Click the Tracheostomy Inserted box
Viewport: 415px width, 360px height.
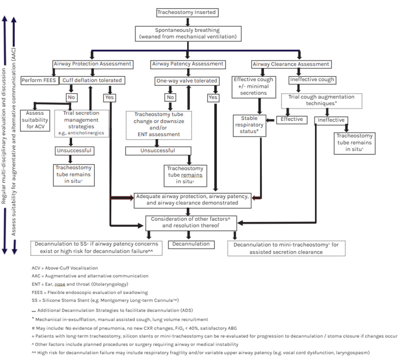pyautogui.click(x=186, y=12)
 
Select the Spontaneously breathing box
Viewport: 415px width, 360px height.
pyautogui.click(x=188, y=33)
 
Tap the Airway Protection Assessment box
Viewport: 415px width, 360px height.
pyautogui.click(x=92, y=64)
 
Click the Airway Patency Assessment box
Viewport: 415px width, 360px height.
pyautogui.click(x=188, y=64)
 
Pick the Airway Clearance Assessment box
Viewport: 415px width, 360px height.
pyautogui.click(x=291, y=64)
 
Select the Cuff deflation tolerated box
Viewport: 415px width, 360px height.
pyautogui.click(x=92, y=80)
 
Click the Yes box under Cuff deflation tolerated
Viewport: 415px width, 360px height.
pyautogui.click(x=110, y=97)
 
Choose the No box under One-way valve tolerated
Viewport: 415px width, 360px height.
pyautogui.click(x=170, y=97)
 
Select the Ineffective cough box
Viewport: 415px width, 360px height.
pyautogui.click(x=312, y=80)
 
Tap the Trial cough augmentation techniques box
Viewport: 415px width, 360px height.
pyautogui.click(x=321, y=100)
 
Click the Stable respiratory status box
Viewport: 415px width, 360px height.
pyautogui.click(x=249, y=125)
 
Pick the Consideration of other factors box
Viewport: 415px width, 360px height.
pyautogui.click(x=191, y=222)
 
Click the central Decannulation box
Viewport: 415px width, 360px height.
pyautogui.click(x=191, y=244)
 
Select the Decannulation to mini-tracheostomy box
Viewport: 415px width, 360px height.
pyautogui.click(x=286, y=248)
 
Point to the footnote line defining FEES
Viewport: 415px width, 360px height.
pyautogui.click(x=90, y=292)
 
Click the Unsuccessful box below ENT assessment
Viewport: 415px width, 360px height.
pyautogui.click(x=158, y=151)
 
